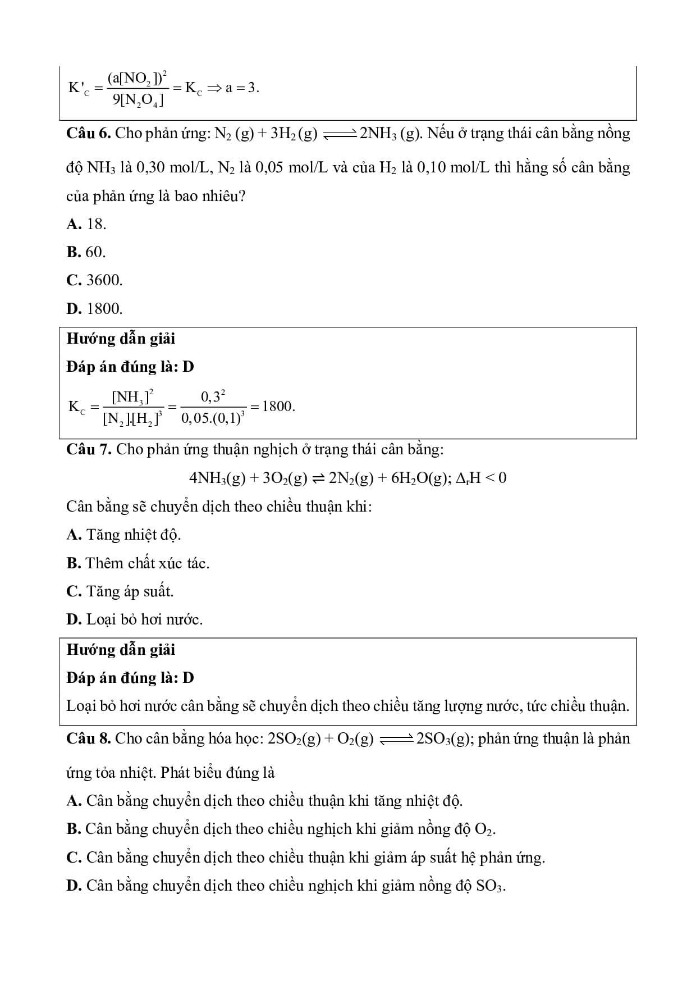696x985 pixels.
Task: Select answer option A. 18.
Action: tap(86, 224)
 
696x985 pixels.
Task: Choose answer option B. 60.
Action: tap(86, 252)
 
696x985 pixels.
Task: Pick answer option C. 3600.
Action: tap(94, 280)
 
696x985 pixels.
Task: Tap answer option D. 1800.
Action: tap(94, 308)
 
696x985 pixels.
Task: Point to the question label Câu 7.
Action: tap(89, 449)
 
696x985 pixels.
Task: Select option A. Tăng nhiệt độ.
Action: tap(123, 535)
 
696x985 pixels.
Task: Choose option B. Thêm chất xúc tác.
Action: tap(138, 563)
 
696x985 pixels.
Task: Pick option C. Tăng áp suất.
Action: tap(120, 591)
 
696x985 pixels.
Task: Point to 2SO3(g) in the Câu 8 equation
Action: tap(443, 739)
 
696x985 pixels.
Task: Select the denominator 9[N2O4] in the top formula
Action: tap(138, 101)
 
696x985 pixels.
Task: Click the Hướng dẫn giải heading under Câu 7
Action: tap(121, 650)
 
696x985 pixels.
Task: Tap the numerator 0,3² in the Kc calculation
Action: tap(213, 396)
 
